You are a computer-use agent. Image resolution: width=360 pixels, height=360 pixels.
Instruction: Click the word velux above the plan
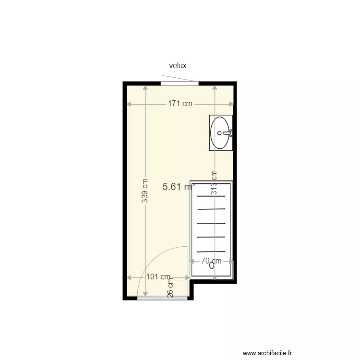(178, 66)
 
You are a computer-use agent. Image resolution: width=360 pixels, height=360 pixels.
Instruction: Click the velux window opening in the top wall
(180, 84)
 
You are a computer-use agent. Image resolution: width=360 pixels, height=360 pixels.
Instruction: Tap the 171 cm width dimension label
(180, 103)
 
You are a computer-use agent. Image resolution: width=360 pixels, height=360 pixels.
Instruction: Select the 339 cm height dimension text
(144, 191)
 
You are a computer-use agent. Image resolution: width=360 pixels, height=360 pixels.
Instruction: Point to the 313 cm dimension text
(214, 183)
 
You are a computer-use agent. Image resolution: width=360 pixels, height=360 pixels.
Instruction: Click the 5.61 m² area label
(178, 187)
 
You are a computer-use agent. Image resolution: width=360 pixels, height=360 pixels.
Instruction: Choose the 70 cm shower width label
(212, 261)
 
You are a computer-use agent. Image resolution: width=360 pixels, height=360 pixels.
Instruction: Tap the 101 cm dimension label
(158, 277)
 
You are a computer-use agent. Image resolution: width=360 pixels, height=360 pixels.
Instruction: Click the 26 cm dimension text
(170, 288)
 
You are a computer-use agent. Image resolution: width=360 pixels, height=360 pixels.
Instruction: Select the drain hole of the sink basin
(219, 133)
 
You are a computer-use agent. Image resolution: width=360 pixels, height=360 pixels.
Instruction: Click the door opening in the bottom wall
(162, 298)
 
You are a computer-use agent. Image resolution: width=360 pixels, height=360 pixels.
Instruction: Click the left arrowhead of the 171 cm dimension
(128, 104)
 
